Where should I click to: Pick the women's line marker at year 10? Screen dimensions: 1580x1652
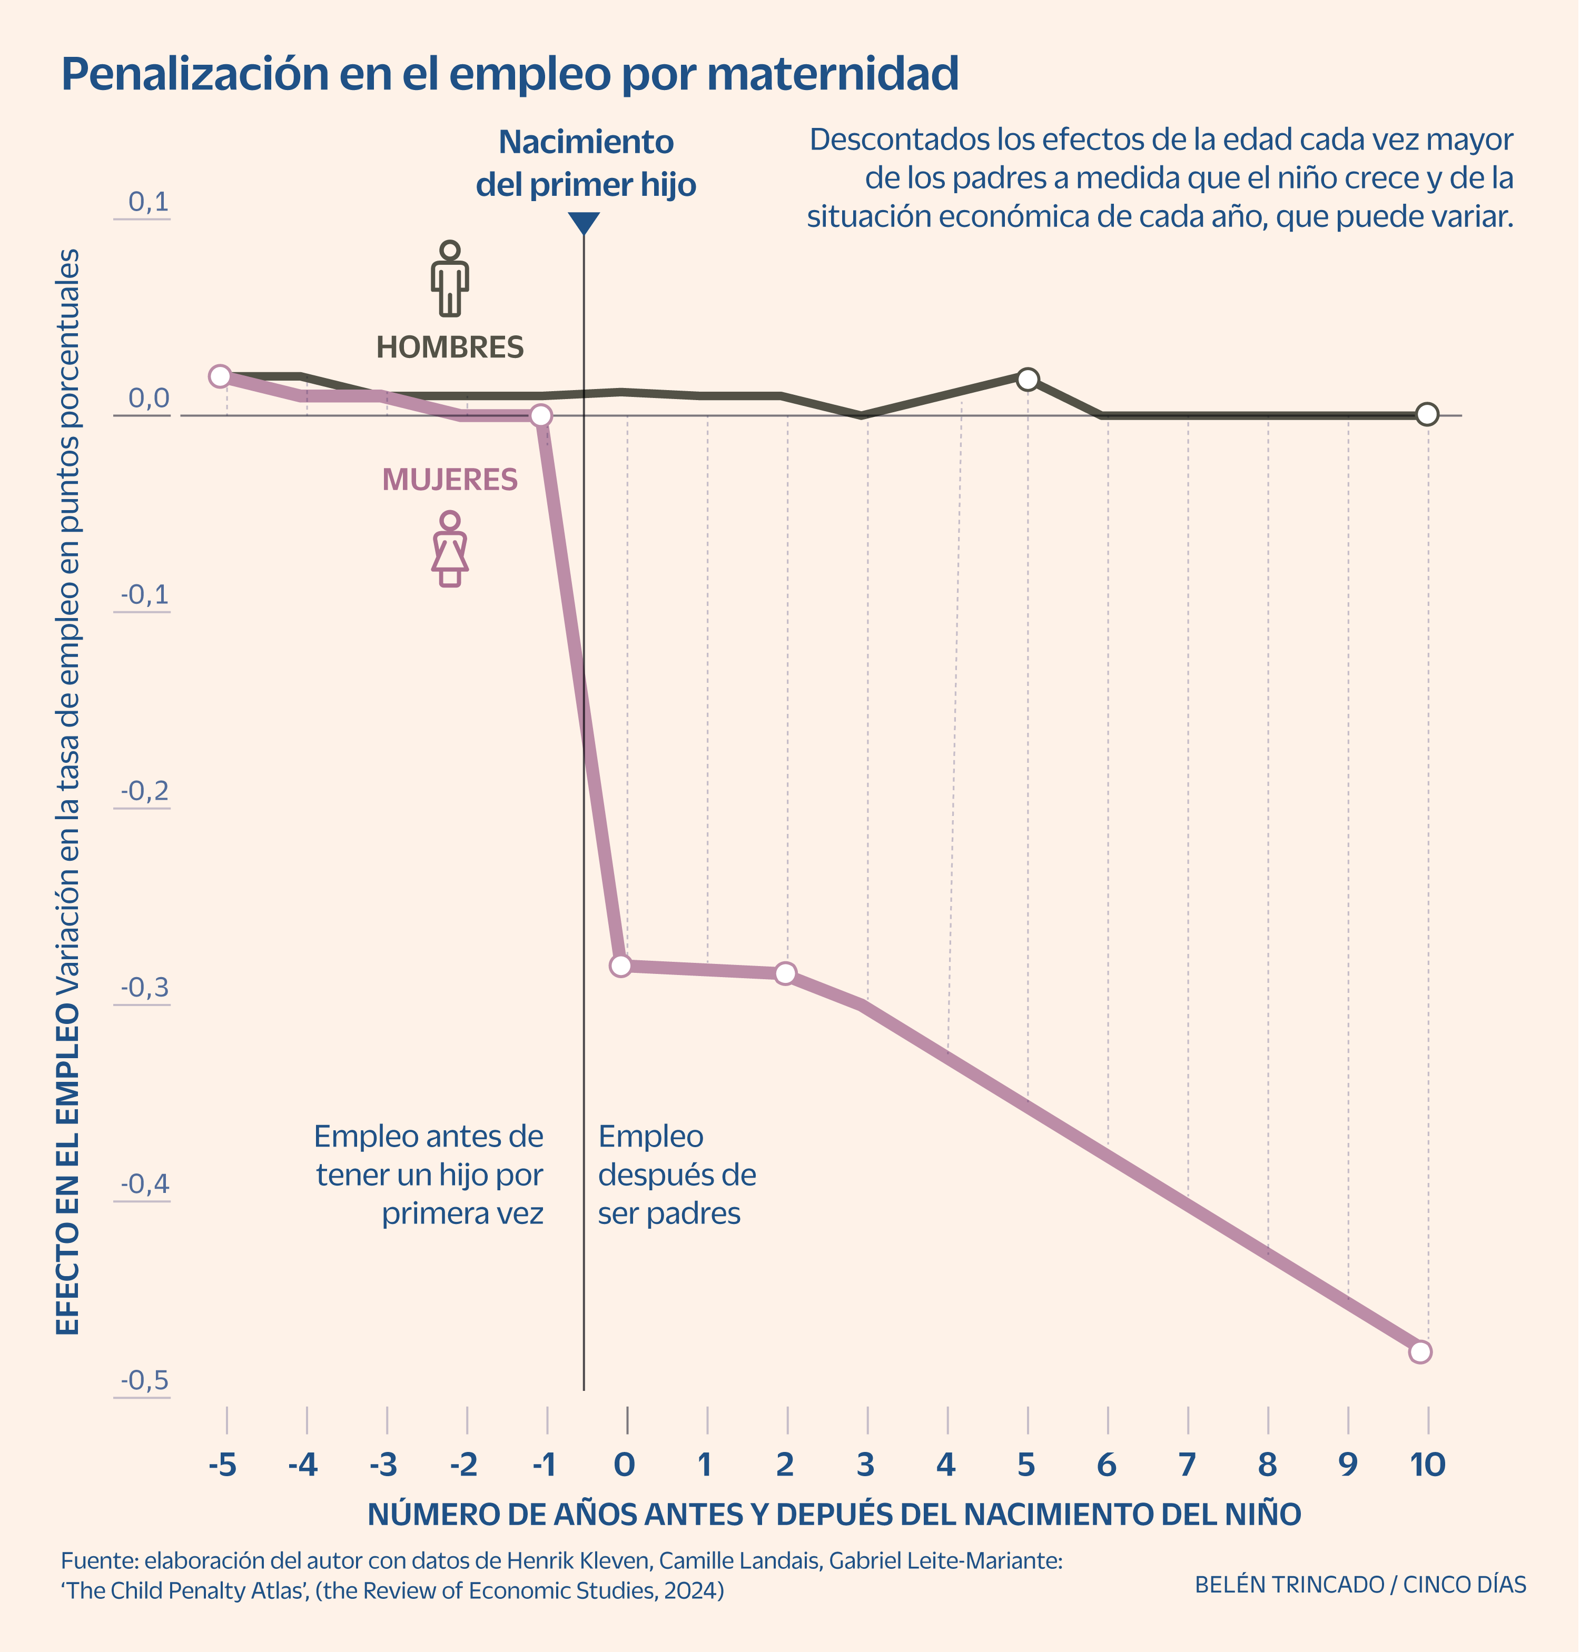click(x=1420, y=1351)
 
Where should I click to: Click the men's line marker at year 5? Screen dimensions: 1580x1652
click(x=1026, y=379)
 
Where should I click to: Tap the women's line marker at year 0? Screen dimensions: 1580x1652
click(x=621, y=965)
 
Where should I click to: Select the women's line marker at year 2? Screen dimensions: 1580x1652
click(x=785, y=973)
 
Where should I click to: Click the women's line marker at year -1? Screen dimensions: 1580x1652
click(x=541, y=415)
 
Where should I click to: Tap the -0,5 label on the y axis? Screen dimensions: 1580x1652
click(x=145, y=1381)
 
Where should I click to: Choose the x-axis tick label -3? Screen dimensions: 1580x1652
click(x=383, y=1465)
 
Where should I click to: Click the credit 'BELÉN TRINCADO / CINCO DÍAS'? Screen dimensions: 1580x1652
click(x=1360, y=1585)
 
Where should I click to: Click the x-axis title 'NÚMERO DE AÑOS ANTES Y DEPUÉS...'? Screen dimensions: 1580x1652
click(x=834, y=1514)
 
